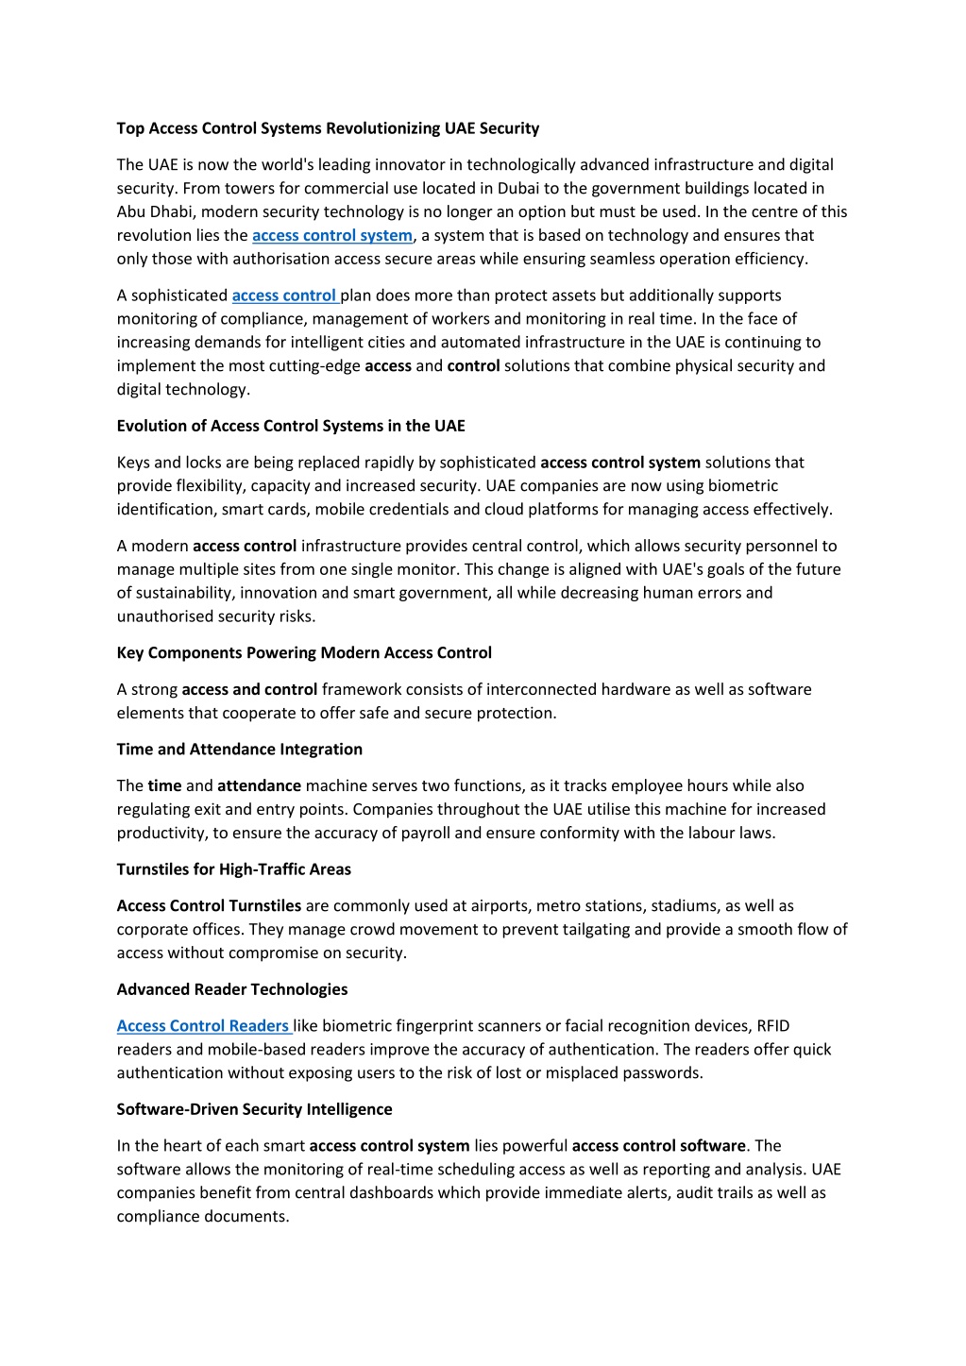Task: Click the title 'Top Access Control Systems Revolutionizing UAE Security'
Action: click(328, 128)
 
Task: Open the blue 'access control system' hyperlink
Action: click(331, 235)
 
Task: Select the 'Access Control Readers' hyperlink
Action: click(202, 1026)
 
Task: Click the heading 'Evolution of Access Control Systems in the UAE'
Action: click(291, 426)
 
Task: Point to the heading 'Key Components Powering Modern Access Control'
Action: click(304, 653)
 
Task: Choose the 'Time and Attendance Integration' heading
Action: click(239, 750)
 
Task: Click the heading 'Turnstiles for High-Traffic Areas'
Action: click(233, 869)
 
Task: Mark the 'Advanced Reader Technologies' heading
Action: click(231, 989)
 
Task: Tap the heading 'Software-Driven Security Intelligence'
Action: click(254, 1109)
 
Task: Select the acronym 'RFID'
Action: click(772, 1026)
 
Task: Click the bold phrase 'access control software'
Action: click(658, 1146)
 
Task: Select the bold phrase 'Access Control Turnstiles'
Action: click(209, 906)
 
